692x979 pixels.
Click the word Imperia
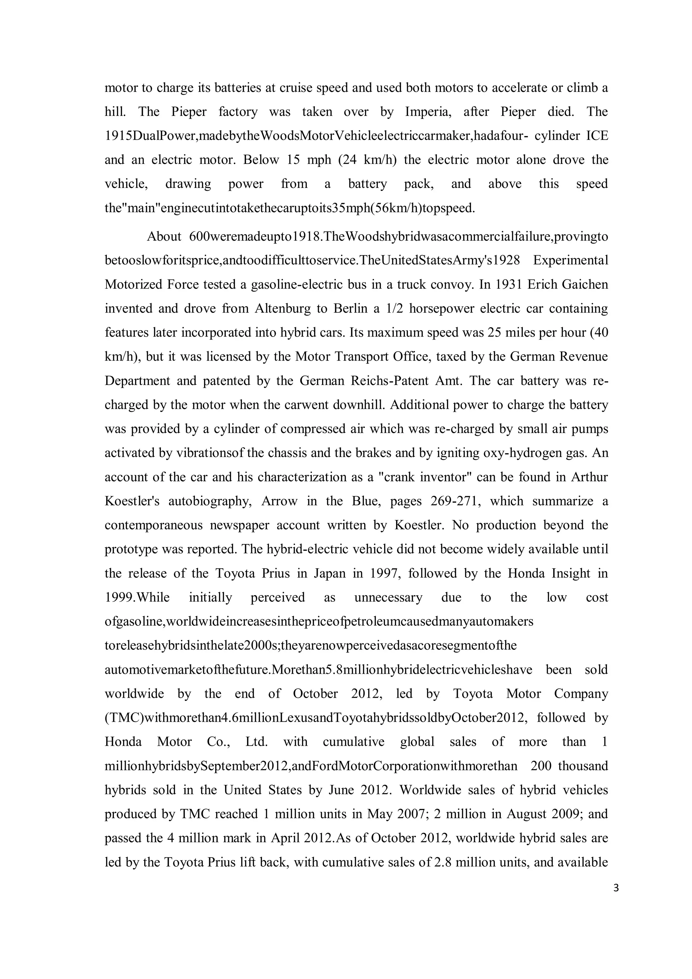(427, 112)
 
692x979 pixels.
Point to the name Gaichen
(585, 284)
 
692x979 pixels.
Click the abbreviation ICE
(597, 136)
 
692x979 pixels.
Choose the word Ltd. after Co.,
(256, 742)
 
